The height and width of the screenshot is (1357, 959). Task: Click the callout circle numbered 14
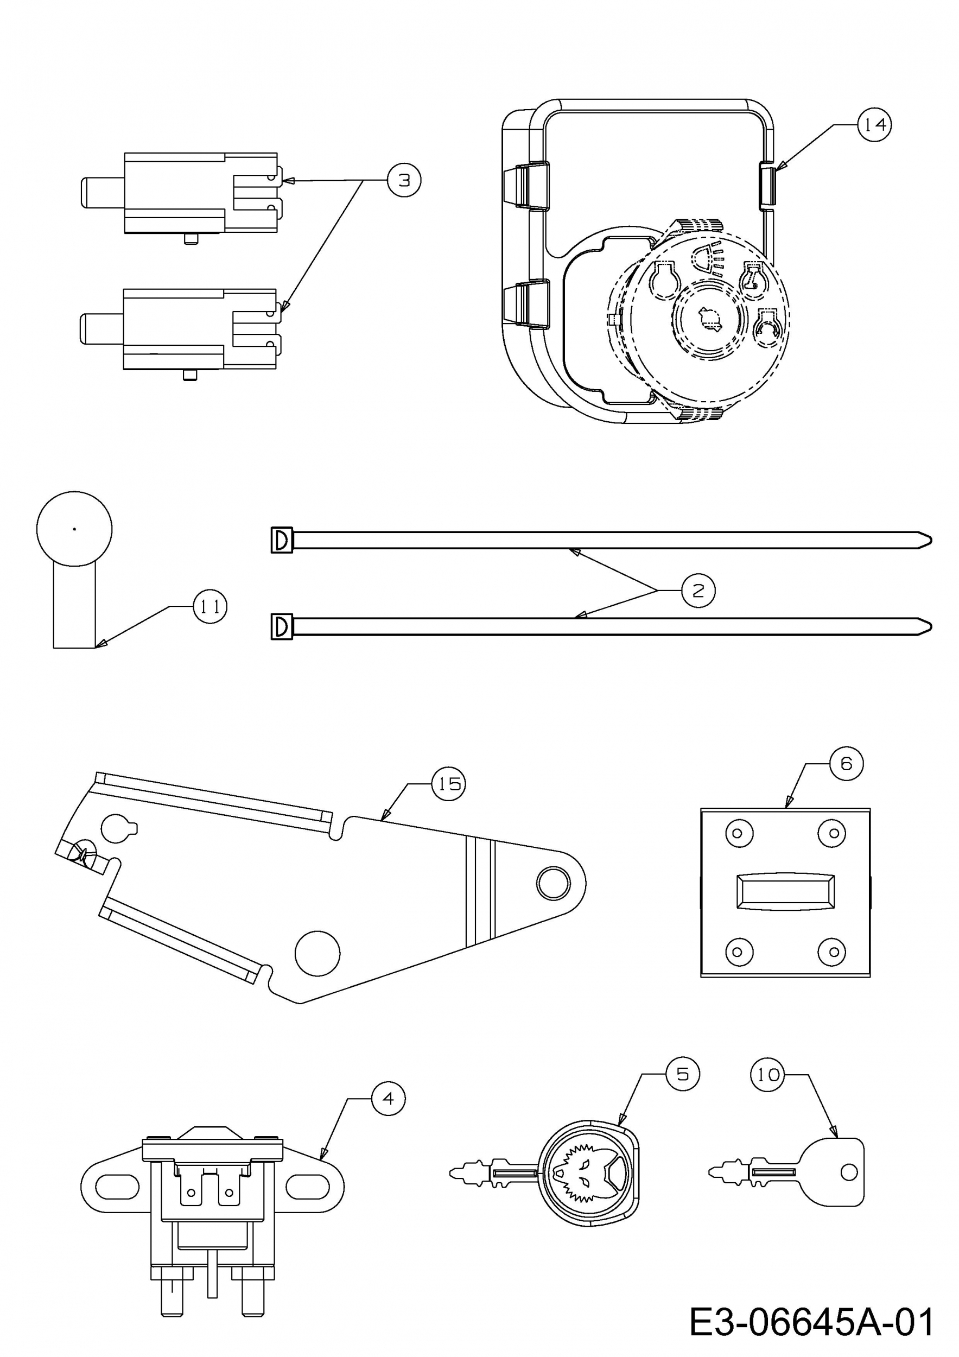pos(874,125)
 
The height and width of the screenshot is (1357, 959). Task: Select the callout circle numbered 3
pos(404,180)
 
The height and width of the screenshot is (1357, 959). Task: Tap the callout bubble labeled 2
pos(698,590)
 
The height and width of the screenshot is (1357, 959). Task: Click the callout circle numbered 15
pos(449,784)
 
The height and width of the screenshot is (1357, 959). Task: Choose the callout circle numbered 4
pos(388,1098)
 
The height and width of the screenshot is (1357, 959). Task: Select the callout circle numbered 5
pos(682,1074)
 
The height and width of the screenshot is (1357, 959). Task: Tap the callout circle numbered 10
pos(767,1075)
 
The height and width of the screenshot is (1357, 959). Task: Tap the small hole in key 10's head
pos(848,1171)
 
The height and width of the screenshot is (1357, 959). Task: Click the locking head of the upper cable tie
pos(282,540)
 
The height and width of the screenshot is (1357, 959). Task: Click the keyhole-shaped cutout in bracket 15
pos(118,829)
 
